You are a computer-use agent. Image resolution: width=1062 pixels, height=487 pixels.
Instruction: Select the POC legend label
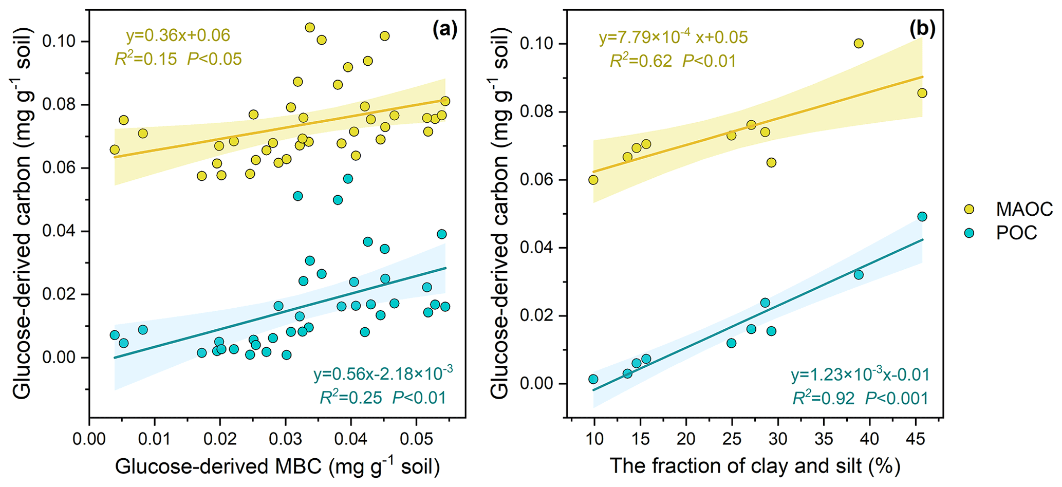[1016, 233]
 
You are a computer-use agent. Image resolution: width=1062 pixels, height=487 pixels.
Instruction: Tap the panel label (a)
[444, 30]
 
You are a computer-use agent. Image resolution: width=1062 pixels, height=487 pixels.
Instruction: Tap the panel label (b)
[922, 30]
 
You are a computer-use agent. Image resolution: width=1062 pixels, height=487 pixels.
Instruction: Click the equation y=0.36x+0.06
[178, 35]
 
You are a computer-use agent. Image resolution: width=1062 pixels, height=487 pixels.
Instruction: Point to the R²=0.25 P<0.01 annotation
[383, 397]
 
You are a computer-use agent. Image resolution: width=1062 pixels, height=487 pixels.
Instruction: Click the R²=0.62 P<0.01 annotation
[673, 61]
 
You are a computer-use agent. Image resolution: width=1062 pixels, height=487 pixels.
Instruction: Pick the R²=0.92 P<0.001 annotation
[860, 398]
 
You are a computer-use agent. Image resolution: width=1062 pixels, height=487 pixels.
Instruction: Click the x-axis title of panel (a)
[277, 466]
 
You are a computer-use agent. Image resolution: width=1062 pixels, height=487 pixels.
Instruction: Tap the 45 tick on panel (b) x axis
[915, 440]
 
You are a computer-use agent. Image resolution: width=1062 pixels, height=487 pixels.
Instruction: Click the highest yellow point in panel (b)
[859, 44]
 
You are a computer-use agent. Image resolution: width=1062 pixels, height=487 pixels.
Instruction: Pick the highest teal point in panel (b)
[922, 217]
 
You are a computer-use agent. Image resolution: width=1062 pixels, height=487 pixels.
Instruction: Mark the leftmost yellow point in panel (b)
[593, 180]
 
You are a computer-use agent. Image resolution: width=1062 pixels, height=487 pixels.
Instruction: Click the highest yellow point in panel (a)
[310, 28]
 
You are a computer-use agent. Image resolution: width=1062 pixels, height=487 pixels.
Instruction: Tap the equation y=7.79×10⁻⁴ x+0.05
[673, 38]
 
